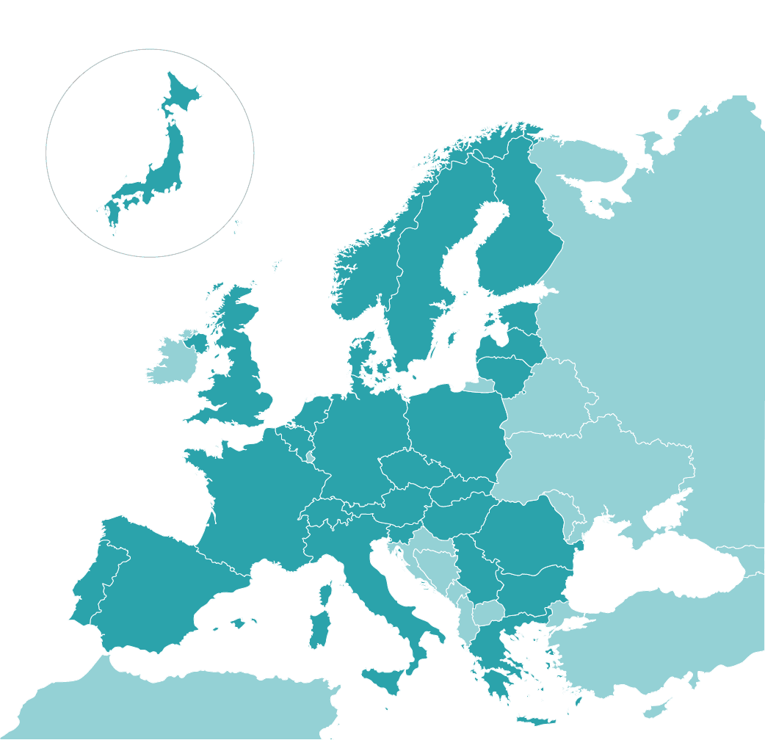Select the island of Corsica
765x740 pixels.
[327, 592]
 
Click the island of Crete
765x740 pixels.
[536, 721]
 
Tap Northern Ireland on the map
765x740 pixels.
[196, 341]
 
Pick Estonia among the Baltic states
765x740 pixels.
[520, 315]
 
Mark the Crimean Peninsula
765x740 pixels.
[664, 514]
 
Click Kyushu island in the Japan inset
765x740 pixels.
[113, 214]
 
